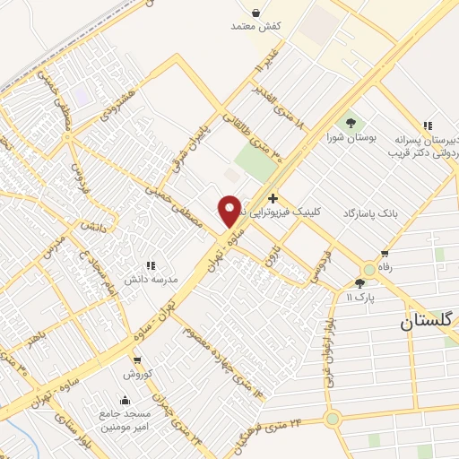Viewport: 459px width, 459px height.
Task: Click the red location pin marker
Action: click(x=229, y=210)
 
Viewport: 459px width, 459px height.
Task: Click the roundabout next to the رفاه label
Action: click(x=368, y=269)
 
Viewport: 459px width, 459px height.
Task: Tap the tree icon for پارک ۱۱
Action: click(x=359, y=283)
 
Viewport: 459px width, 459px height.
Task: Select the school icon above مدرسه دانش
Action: click(x=150, y=265)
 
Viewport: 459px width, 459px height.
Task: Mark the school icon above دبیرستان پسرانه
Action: click(x=428, y=126)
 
